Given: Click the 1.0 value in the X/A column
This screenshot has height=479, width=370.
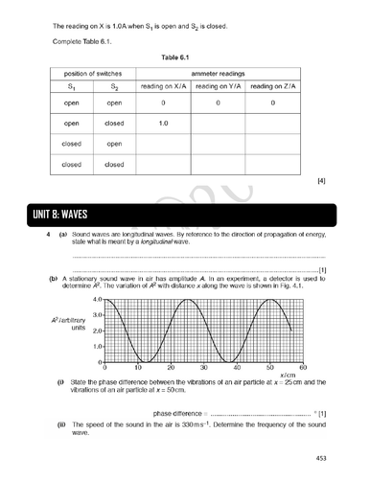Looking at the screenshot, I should (164, 123).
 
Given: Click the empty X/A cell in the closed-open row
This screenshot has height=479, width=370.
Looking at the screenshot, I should (164, 144).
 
